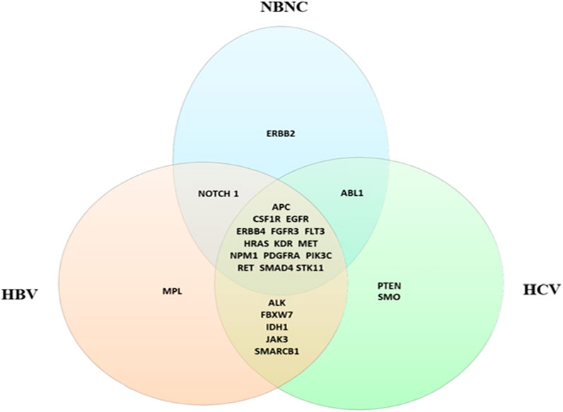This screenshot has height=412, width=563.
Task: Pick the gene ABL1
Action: click(x=351, y=193)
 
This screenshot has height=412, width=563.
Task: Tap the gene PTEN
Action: click(x=389, y=285)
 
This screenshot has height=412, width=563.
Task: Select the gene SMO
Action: click(x=389, y=298)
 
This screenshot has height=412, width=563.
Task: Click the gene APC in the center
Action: click(x=281, y=206)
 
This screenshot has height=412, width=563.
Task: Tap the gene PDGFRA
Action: click(x=281, y=254)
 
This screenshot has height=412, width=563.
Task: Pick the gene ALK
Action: click(x=281, y=302)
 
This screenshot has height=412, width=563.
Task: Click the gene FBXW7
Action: click(x=281, y=314)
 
